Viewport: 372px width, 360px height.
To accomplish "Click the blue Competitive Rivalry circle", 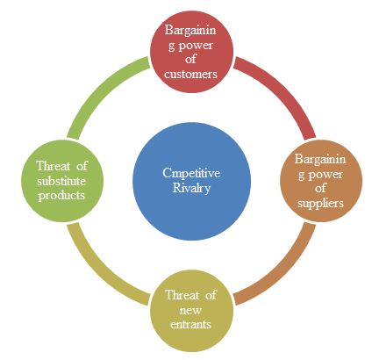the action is [x=191, y=181].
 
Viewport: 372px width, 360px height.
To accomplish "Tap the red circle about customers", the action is [x=191, y=52].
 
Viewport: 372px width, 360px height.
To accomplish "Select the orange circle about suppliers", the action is [x=321, y=181].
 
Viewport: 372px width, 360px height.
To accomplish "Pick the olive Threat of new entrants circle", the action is [x=191, y=311].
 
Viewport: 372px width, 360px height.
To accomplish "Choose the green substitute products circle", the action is [x=62, y=181].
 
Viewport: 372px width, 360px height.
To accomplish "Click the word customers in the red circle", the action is [x=190, y=74].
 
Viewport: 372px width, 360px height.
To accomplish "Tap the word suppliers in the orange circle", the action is [x=320, y=204].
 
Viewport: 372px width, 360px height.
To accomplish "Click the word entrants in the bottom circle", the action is [x=190, y=324].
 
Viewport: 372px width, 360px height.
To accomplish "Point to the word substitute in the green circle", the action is [x=61, y=181].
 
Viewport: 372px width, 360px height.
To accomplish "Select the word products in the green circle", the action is [x=61, y=196].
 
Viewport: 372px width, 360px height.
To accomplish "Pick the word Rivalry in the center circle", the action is [x=191, y=188].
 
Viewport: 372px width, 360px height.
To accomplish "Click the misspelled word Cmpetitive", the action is [x=191, y=173].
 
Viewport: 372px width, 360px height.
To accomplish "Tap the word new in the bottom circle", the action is [x=190, y=310].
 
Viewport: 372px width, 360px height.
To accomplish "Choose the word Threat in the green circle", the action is [x=54, y=166].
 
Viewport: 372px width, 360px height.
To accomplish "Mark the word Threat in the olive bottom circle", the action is [x=182, y=295].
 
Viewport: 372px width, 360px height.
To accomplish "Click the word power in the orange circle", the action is [x=325, y=175].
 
